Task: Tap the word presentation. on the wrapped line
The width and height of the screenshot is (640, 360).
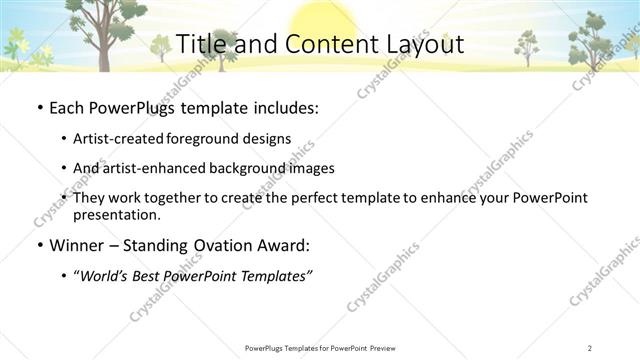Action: coord(116,214)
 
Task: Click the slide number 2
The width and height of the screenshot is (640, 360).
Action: coord(590,348)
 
